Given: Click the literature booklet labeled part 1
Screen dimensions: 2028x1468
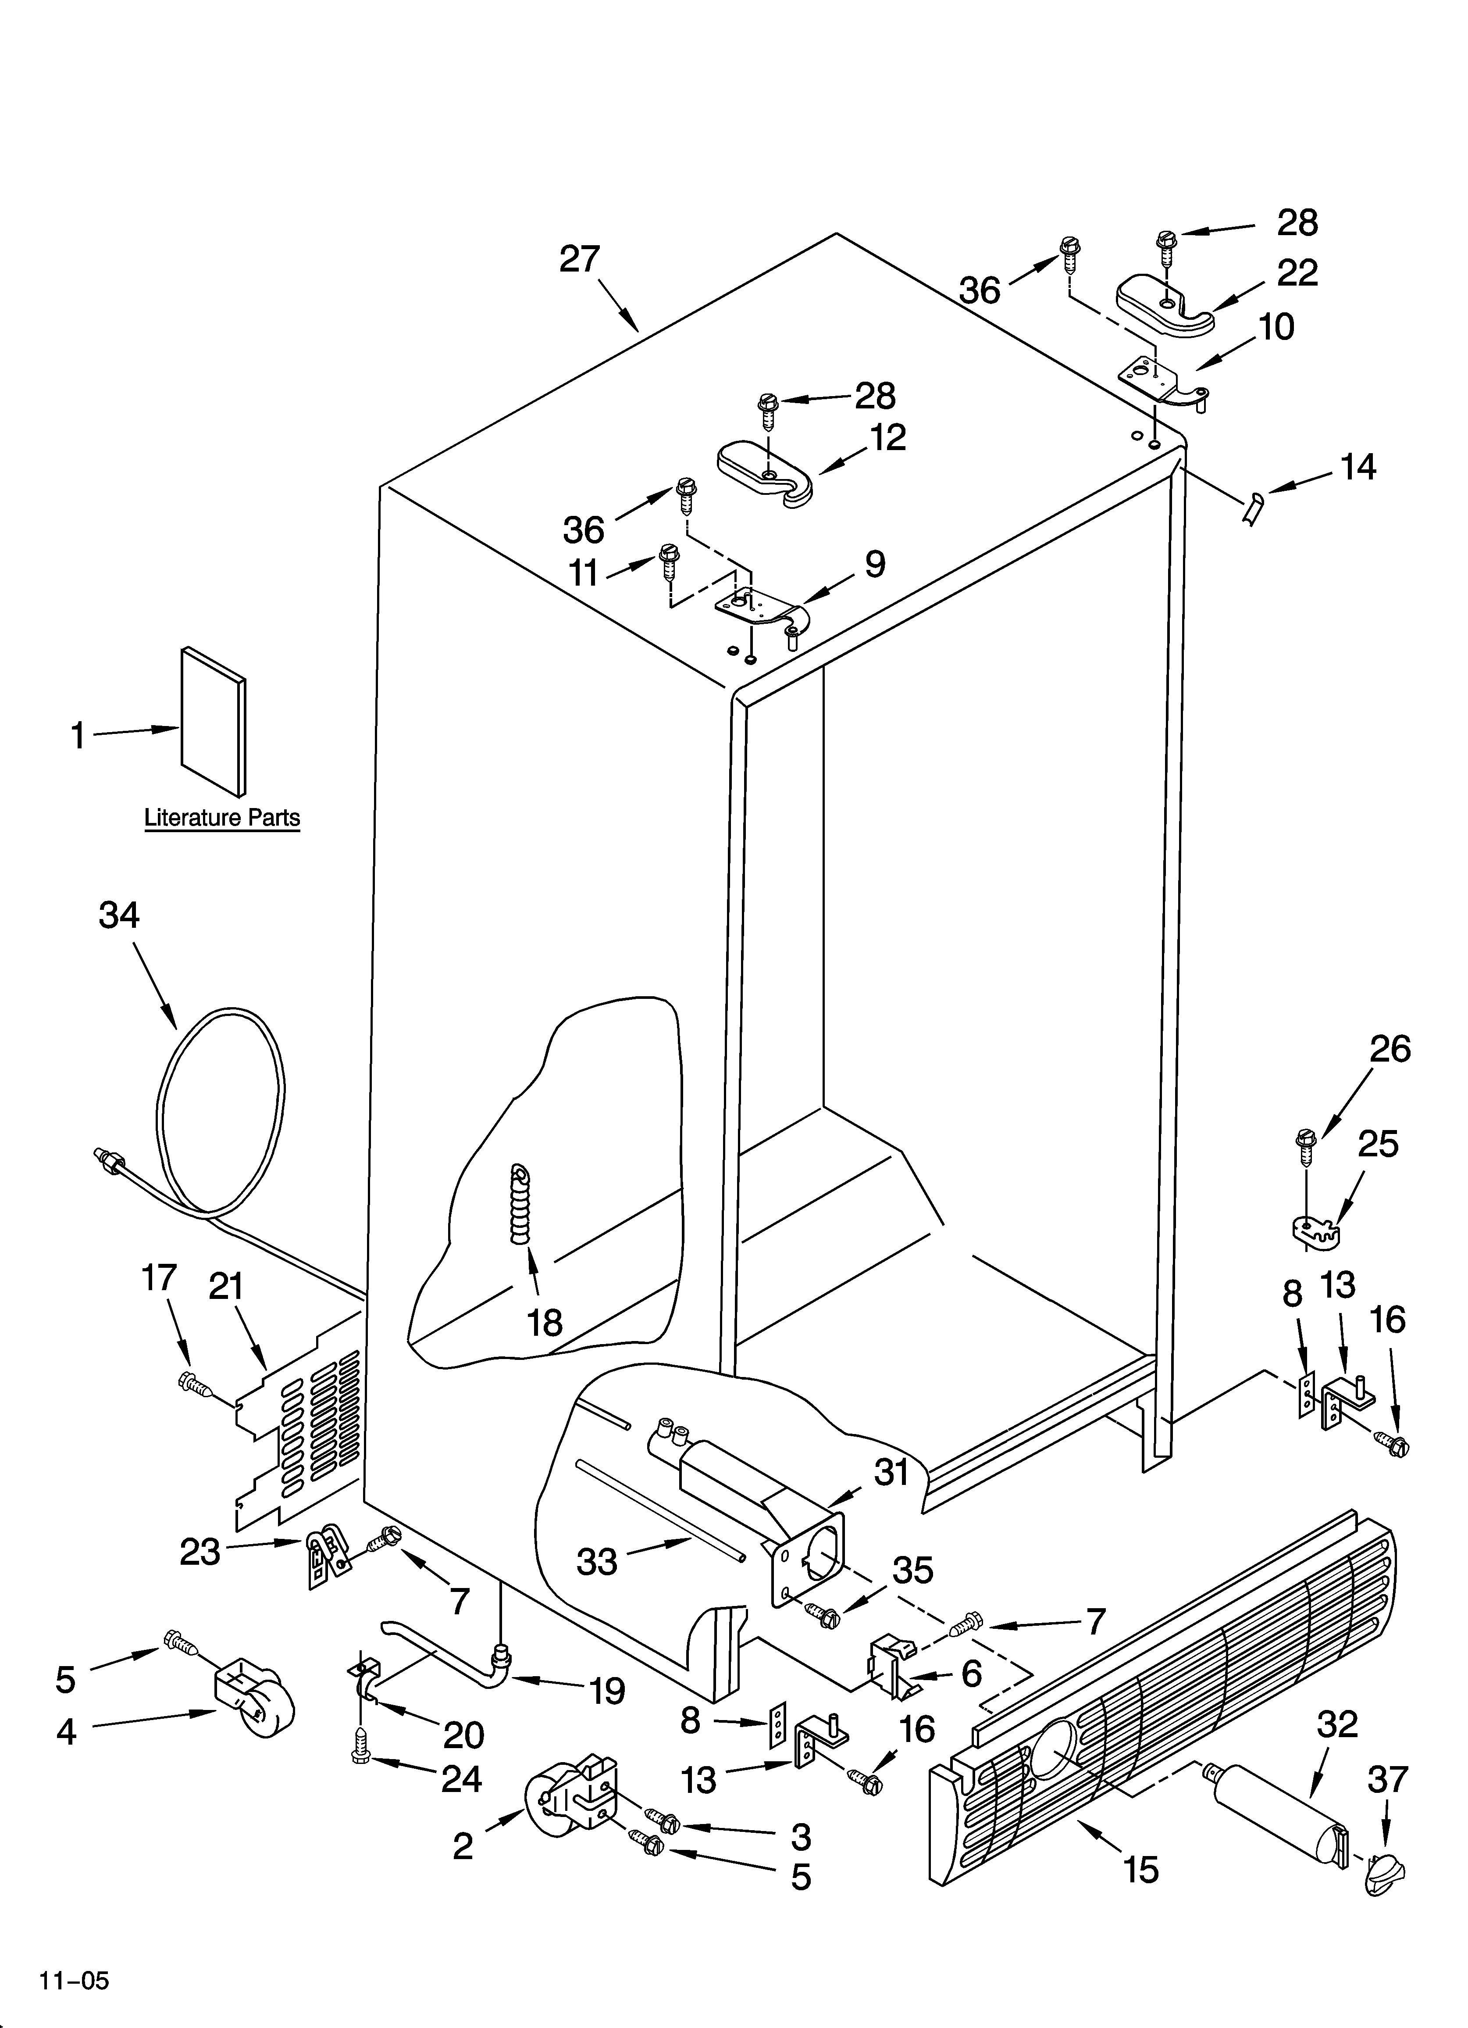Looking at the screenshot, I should coord(213,722).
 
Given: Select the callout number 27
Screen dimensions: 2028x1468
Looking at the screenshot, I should coord(579,259).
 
